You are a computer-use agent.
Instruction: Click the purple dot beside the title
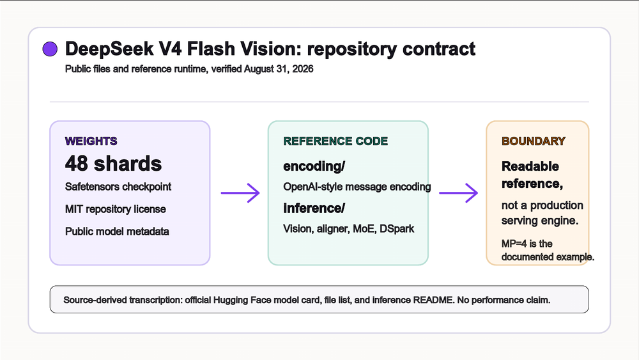pos(50,49)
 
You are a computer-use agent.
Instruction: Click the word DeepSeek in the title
pos(110,49)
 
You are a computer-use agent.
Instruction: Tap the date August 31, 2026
pos(279,69)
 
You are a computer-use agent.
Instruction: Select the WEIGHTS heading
pos(91,141)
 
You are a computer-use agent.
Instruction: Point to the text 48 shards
pos(113,164)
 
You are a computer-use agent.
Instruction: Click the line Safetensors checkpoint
pos(118,187)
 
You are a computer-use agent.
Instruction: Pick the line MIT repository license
pos(115,209)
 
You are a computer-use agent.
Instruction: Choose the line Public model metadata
pos(117,231)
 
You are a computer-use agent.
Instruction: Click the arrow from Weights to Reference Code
pos(240,193)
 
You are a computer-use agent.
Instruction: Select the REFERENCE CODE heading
pos(335,141)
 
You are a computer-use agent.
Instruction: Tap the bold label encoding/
pos(314,166)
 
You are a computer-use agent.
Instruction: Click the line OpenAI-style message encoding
pos(357,187)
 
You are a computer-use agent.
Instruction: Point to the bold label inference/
pos(314,208)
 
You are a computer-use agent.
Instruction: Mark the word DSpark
pos(397,229)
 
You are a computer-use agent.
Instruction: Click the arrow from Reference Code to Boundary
pos(458,193)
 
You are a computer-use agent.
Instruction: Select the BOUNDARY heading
pos(534,141)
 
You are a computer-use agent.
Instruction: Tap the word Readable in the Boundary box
pos(530,166)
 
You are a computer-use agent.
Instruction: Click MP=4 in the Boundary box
pos(514,244)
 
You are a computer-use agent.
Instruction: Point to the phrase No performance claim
pos(504,300)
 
